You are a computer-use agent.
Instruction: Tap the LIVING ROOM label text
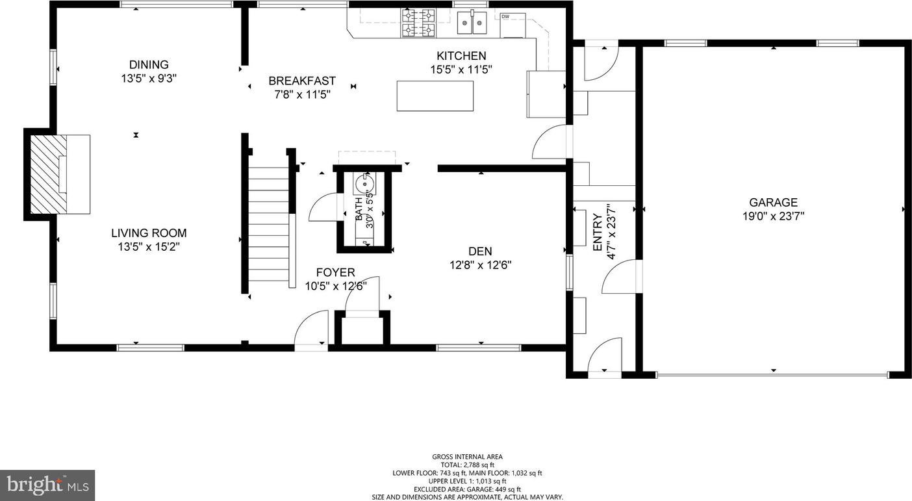[149, 233]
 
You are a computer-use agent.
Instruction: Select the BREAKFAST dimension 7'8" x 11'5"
[302, 94]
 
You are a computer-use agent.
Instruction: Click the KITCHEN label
[461, 56]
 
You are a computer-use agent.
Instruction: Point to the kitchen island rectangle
[435, 96]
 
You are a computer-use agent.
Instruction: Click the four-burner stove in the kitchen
[418, 23]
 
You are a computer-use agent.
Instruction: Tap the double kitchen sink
[472, 23]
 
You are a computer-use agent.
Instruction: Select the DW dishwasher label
[505, 16]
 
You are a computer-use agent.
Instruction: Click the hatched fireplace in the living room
[49, 174]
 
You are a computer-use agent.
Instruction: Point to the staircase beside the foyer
[269, 224]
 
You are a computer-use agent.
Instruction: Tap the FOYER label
[335, 272]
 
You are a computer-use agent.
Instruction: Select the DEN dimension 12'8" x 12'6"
[481, 265]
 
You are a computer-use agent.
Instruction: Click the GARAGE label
[773, 203]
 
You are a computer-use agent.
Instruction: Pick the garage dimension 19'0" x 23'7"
[773, 216]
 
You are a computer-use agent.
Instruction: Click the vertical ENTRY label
[597, 232]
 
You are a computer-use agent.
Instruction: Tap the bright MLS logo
[47, 485]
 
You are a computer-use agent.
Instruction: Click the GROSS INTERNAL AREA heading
[467, 457]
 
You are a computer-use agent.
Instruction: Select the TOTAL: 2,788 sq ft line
[468, 465]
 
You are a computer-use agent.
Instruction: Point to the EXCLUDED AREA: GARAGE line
[467, 489]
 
